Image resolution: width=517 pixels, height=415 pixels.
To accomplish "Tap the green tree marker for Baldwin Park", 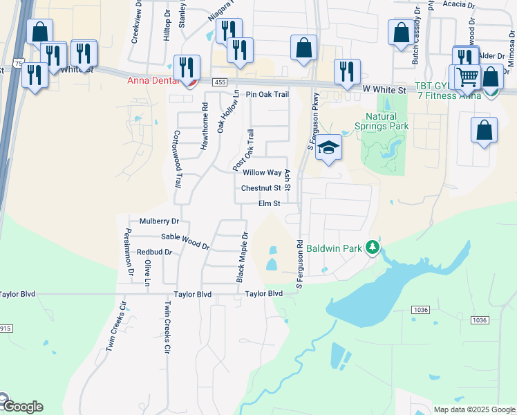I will pos(373,247).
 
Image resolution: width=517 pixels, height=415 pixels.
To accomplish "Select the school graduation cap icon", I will pos(329,147).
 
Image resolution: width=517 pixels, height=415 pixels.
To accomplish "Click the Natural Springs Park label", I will pos(382,122).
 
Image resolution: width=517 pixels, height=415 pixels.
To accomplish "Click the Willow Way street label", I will pos(262,173).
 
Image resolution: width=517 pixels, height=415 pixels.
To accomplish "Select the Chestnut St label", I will pos(261,188).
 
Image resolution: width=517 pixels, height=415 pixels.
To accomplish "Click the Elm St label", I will pos(269,203).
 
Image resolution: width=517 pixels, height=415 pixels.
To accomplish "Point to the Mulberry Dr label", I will pos(159,221).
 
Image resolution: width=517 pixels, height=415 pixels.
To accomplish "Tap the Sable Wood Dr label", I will pos(185,241).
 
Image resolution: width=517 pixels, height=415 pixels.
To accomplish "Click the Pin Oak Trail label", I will pos(267,94).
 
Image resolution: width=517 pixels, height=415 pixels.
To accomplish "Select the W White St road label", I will pos(383,89).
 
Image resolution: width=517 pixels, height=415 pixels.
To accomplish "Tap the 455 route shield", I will pos(220,82).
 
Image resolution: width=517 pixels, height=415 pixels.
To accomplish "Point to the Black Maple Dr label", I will pos(242,257).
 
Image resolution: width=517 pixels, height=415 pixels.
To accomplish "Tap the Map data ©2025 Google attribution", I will pos(473,409).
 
